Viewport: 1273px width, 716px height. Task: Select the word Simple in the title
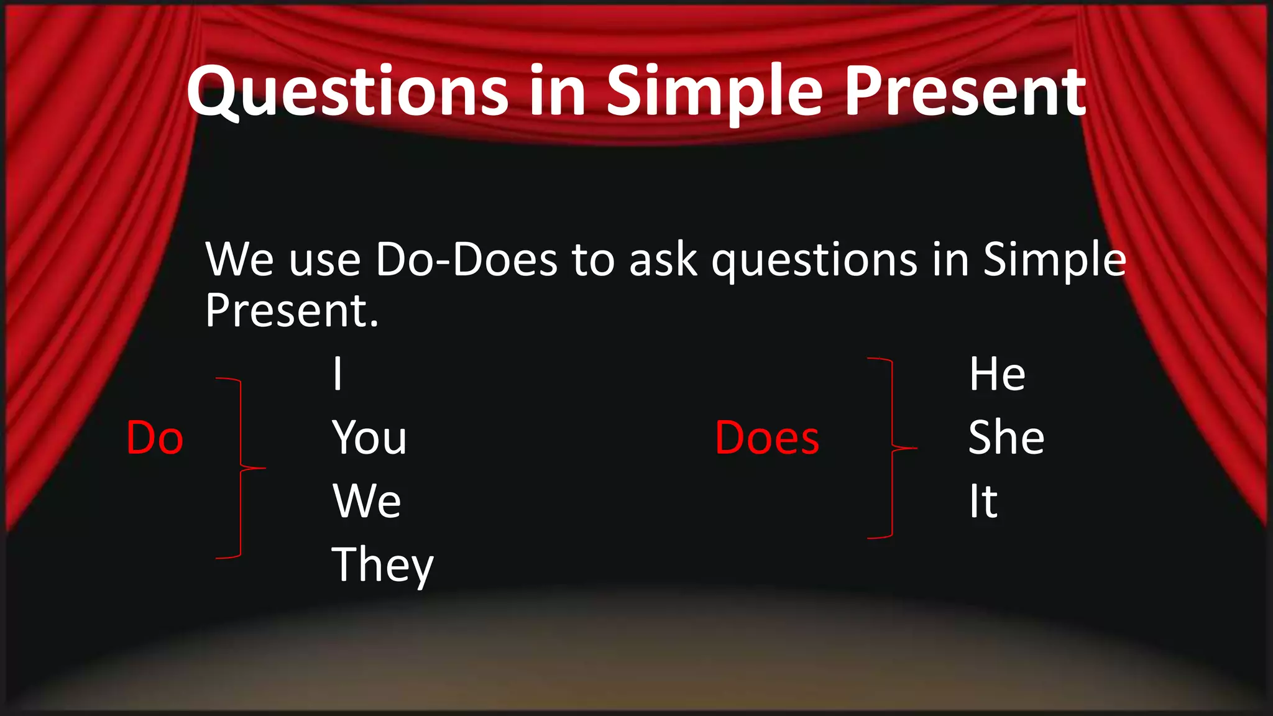715,92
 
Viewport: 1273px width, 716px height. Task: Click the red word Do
155,438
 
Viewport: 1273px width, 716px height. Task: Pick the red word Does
767,438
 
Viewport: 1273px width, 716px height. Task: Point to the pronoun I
338,374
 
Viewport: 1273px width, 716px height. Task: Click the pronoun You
369,438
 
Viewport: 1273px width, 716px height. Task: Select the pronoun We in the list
367,502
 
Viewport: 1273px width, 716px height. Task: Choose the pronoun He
997,374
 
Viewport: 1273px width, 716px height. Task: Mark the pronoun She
1006,438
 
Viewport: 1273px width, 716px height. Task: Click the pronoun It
983,502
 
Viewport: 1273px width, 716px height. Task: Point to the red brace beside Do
241,467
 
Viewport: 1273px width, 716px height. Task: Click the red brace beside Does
893,447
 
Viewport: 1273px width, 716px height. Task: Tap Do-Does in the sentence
466,259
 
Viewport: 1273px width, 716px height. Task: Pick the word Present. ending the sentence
292,311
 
